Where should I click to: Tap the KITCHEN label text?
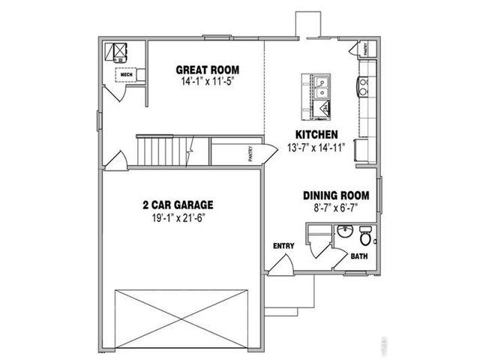click(314, 135)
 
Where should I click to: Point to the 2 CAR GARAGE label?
click(178, 204)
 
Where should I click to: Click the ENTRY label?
click(283, 245)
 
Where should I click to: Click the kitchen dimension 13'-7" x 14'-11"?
click(314, 147)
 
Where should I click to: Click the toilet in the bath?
click(366, 238)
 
